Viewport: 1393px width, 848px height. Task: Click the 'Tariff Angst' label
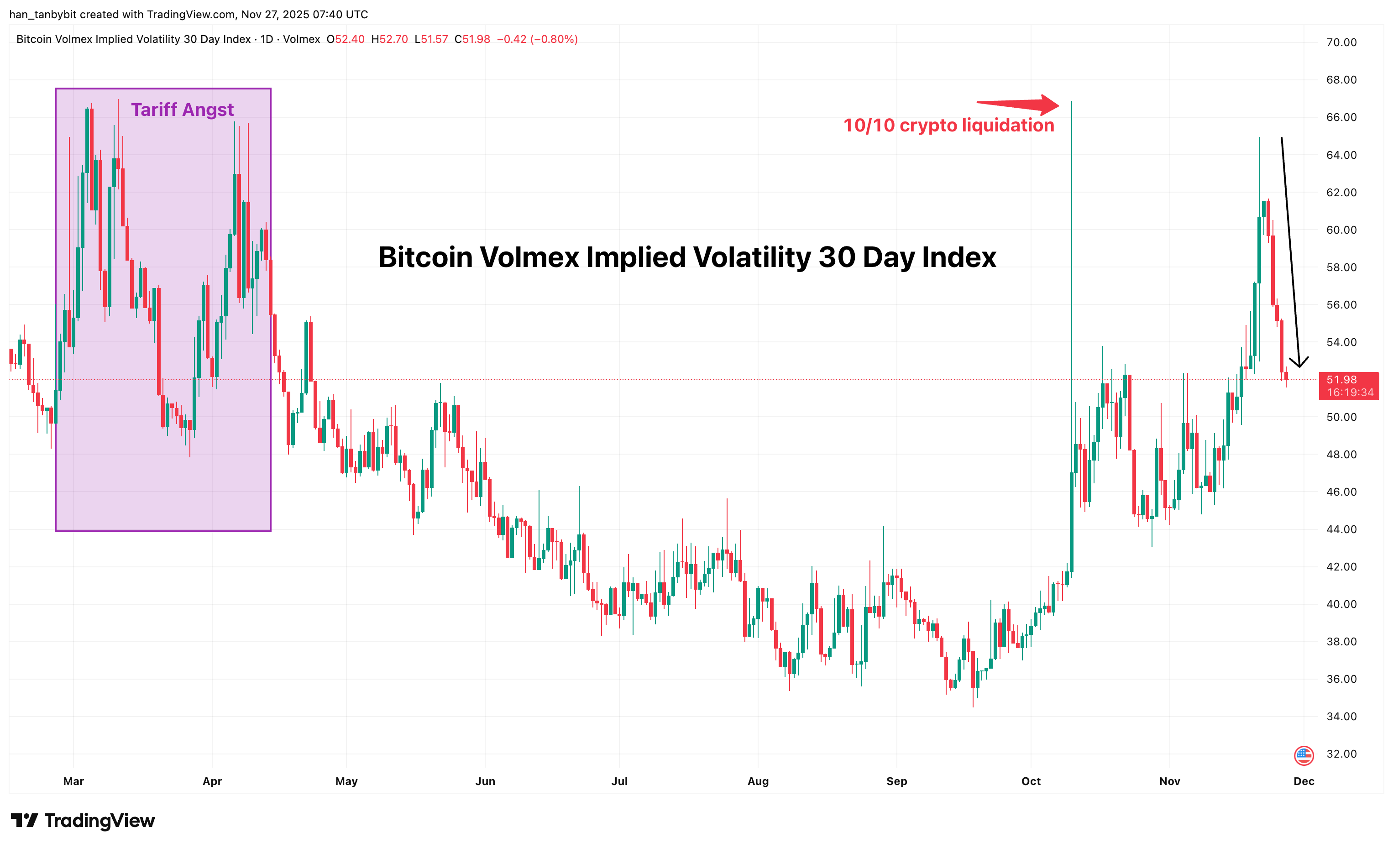[x=182, y=110]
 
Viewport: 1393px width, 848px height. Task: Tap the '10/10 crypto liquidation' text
[x=948, y=126]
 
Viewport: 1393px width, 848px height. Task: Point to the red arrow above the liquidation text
[x=1018, y=105]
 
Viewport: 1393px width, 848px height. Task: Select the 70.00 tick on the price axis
[x=1341, y=42]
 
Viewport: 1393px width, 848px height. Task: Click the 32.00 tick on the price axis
[x=1341, y=754]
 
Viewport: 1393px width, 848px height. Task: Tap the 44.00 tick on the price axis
[x=1341, y=529]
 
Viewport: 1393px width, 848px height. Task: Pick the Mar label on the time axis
[x=73, y=781]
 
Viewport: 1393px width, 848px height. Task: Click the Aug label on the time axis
[x=758, y=781]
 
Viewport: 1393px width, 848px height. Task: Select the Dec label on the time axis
[x=1304, y=781]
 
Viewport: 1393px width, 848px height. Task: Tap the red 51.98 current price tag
[x=1348, y=386]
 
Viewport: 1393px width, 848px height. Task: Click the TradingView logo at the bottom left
[x=83, y=820]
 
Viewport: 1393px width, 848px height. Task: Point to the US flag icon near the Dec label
[x=1304, y=755]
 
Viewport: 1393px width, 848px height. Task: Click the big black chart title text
[x=687, y=257]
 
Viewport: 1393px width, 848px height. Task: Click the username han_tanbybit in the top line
[x=43, y=15]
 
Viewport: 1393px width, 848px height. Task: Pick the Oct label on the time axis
[x=1031, y=781]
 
